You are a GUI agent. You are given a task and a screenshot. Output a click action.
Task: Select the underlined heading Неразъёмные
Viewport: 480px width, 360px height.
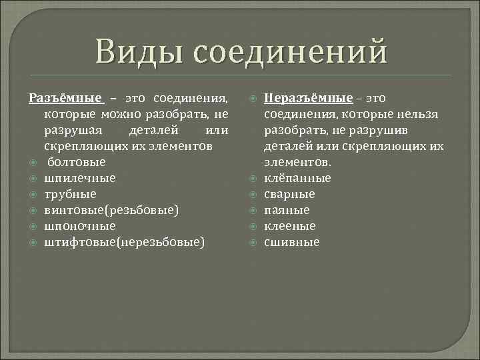tap(308, 98)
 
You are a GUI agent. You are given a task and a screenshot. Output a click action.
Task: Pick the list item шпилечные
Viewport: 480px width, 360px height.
tap(80, 178)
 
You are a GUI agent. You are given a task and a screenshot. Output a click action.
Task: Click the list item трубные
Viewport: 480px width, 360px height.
tap(70, 194)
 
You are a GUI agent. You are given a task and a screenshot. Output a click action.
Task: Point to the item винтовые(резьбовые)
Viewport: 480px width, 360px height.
tap(111, 210)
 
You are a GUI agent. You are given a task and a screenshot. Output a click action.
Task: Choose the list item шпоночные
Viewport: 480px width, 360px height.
tap(80, 226)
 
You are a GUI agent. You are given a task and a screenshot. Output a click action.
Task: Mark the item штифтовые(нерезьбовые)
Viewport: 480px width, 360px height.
tap(124, 242)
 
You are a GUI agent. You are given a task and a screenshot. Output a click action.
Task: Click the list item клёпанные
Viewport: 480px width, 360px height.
tap(297, 178)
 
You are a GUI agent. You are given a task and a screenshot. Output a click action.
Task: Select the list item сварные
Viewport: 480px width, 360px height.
tap(290, 194)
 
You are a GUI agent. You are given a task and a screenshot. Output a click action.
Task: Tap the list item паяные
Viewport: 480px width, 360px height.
tap(287, 210)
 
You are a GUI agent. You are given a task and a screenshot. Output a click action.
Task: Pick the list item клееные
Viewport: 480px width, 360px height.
tap(290, 226)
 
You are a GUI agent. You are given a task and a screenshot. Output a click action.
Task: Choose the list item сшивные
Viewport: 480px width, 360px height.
tap(292, 242)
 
